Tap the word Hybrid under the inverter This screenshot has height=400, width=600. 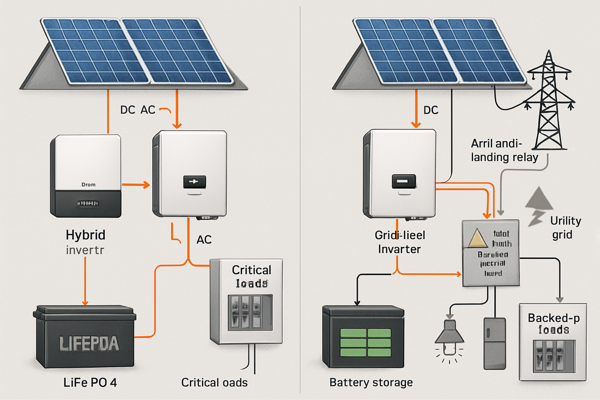(x=86, y=234)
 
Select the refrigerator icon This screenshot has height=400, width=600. (x=494, y=343)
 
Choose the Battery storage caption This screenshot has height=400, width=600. (x=371, y=382)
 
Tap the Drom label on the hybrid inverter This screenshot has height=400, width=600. (x=87, y=184)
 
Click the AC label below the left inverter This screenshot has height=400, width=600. (x=203, y=239)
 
